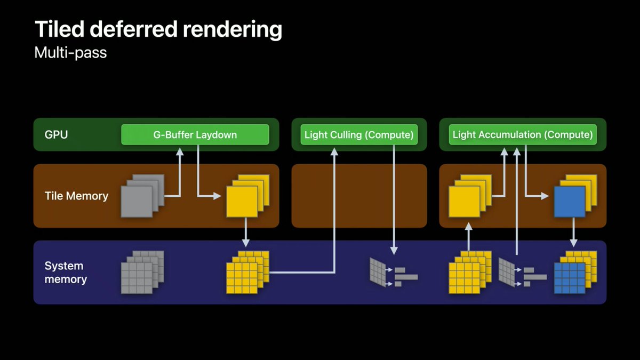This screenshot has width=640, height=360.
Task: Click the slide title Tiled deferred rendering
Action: point(158,30)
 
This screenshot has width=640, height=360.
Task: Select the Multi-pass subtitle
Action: point(70,53)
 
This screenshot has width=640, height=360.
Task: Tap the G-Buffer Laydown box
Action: point(195,135)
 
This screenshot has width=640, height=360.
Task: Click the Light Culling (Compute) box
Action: point(358,135)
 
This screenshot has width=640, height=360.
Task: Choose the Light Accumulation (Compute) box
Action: point(522,135)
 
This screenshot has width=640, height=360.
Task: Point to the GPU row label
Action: point(56,135)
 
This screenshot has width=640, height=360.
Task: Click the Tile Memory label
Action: point(76,196)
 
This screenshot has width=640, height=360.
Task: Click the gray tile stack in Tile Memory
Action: point(140,196)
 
